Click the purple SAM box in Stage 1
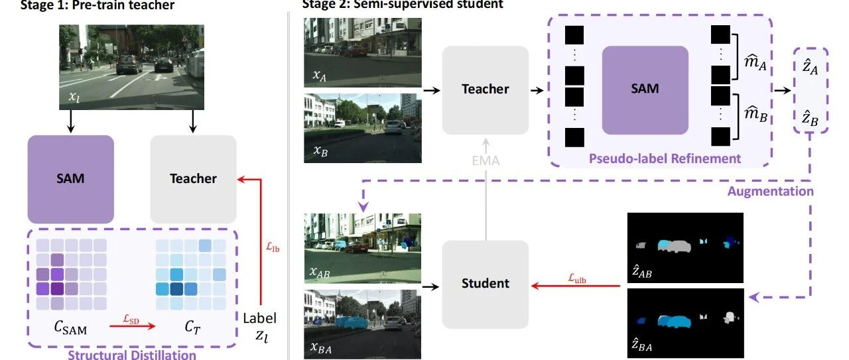(x=71, y=178)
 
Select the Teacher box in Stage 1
(x=193, y=178)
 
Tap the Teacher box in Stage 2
(x=485, y=89)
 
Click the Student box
(x=485, y=283)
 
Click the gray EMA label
(x=486, y=160)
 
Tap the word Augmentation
(x=770, y=191)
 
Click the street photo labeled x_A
(x=363, y=51)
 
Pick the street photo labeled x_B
(x=363, y=128)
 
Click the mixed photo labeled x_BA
(x=363, y=324)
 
